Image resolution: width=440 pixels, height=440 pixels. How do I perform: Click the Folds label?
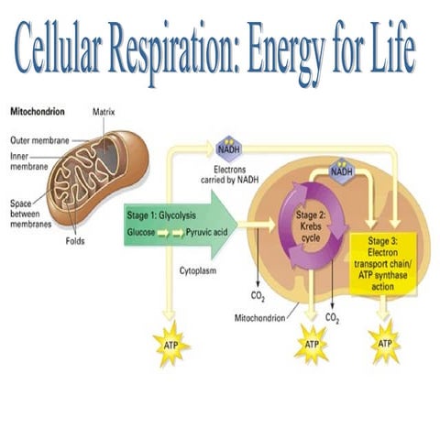tap(76, 244)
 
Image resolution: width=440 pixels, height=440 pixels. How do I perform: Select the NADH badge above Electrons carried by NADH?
tap(228, 148)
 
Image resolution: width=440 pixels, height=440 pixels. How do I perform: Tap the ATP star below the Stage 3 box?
tap(385, 343)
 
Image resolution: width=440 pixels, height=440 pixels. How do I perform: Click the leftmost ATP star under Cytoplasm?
tap(170, 346)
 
